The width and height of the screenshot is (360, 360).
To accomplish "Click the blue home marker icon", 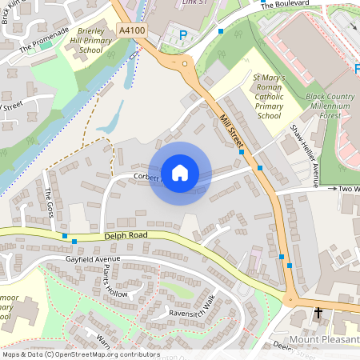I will click(x=180, y=173).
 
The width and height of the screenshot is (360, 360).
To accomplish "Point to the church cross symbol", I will click(x=318, y=313).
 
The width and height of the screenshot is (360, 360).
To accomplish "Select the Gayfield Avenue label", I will click(x=92, y=260).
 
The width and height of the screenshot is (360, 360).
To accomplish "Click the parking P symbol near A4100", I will click(x=183, y=35).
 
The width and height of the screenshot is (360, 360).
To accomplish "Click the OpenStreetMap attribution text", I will click(x=81, y=354).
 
